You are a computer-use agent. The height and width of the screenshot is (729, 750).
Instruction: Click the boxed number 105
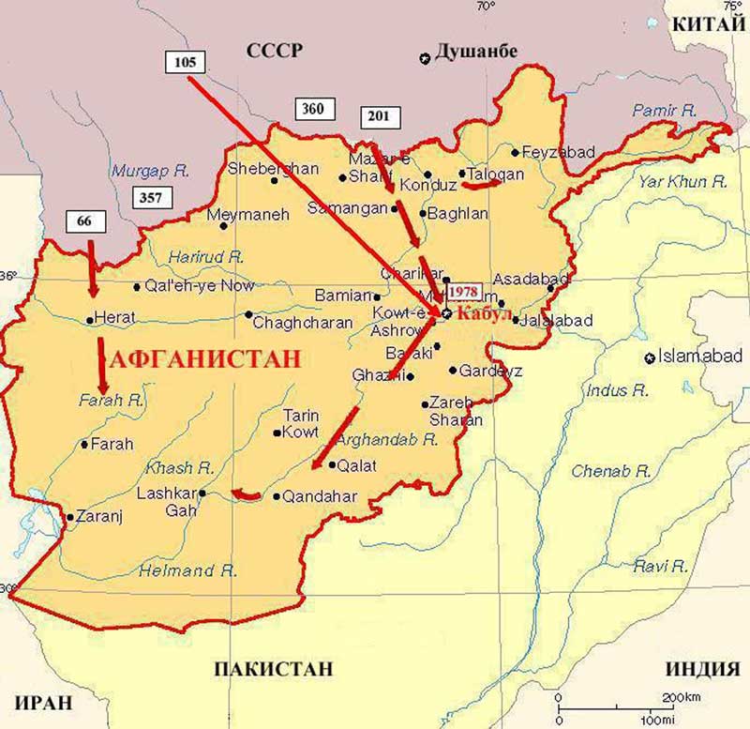[184, 62]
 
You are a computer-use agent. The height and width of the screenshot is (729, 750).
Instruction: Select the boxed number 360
[313, 109]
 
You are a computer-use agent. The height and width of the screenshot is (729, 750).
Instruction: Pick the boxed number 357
[149, 197]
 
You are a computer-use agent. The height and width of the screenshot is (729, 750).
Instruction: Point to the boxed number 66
[84, 221]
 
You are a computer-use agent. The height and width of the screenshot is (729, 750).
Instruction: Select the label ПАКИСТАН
[273, 669]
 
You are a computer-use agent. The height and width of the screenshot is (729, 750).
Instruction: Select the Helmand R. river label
[187, 570]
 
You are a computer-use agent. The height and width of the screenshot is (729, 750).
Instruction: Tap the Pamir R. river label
[665, 110]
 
